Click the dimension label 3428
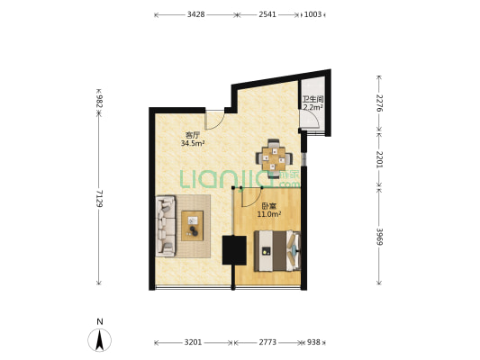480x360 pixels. [196, 14]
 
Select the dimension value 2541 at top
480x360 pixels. [267, 14]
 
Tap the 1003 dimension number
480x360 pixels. [312, 14]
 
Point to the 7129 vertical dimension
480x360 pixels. [99, 199]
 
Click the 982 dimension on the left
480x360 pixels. [99, 101]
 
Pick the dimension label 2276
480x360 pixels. [380, 103]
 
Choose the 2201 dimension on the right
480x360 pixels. [380, 159]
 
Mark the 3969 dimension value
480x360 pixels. [380, 237]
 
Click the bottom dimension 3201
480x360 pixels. [193, 342]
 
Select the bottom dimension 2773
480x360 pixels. [267, 342]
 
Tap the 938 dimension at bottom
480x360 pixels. [313, 342]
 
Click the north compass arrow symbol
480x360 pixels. [99, 340]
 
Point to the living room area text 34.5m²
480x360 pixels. [193, 143]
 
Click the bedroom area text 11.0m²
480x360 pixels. [269, 214]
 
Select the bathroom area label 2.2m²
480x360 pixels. [313, 107]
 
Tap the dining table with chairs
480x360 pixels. [275, 158]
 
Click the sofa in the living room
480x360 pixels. [166, 226]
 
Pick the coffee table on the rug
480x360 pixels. [192, 226]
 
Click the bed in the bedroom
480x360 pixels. [277, 251]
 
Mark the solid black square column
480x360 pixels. [234, 250]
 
